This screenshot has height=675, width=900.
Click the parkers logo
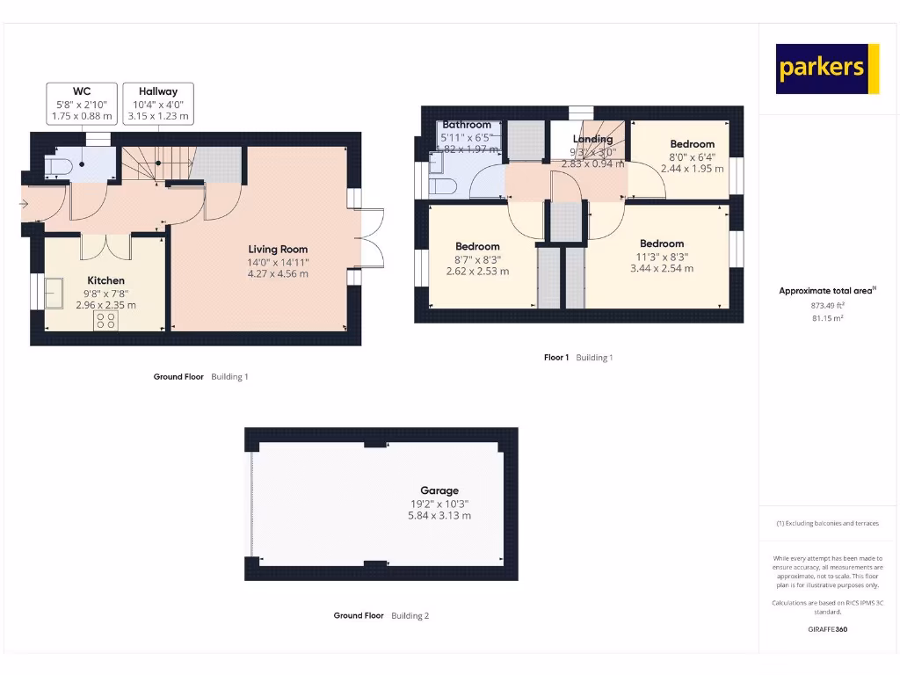827,69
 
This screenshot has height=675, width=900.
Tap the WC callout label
82,104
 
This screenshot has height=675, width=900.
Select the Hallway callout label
158,104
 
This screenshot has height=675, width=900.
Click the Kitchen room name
105,280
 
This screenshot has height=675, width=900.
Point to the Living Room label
278,249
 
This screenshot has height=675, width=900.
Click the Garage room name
439,490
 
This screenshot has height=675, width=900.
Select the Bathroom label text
467,125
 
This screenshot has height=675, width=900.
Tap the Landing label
592,139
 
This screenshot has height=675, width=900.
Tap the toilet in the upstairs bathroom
442,185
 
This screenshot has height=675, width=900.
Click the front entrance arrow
24,205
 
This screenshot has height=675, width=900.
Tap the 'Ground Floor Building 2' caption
381,616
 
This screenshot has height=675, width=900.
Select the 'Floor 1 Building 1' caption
577,358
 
